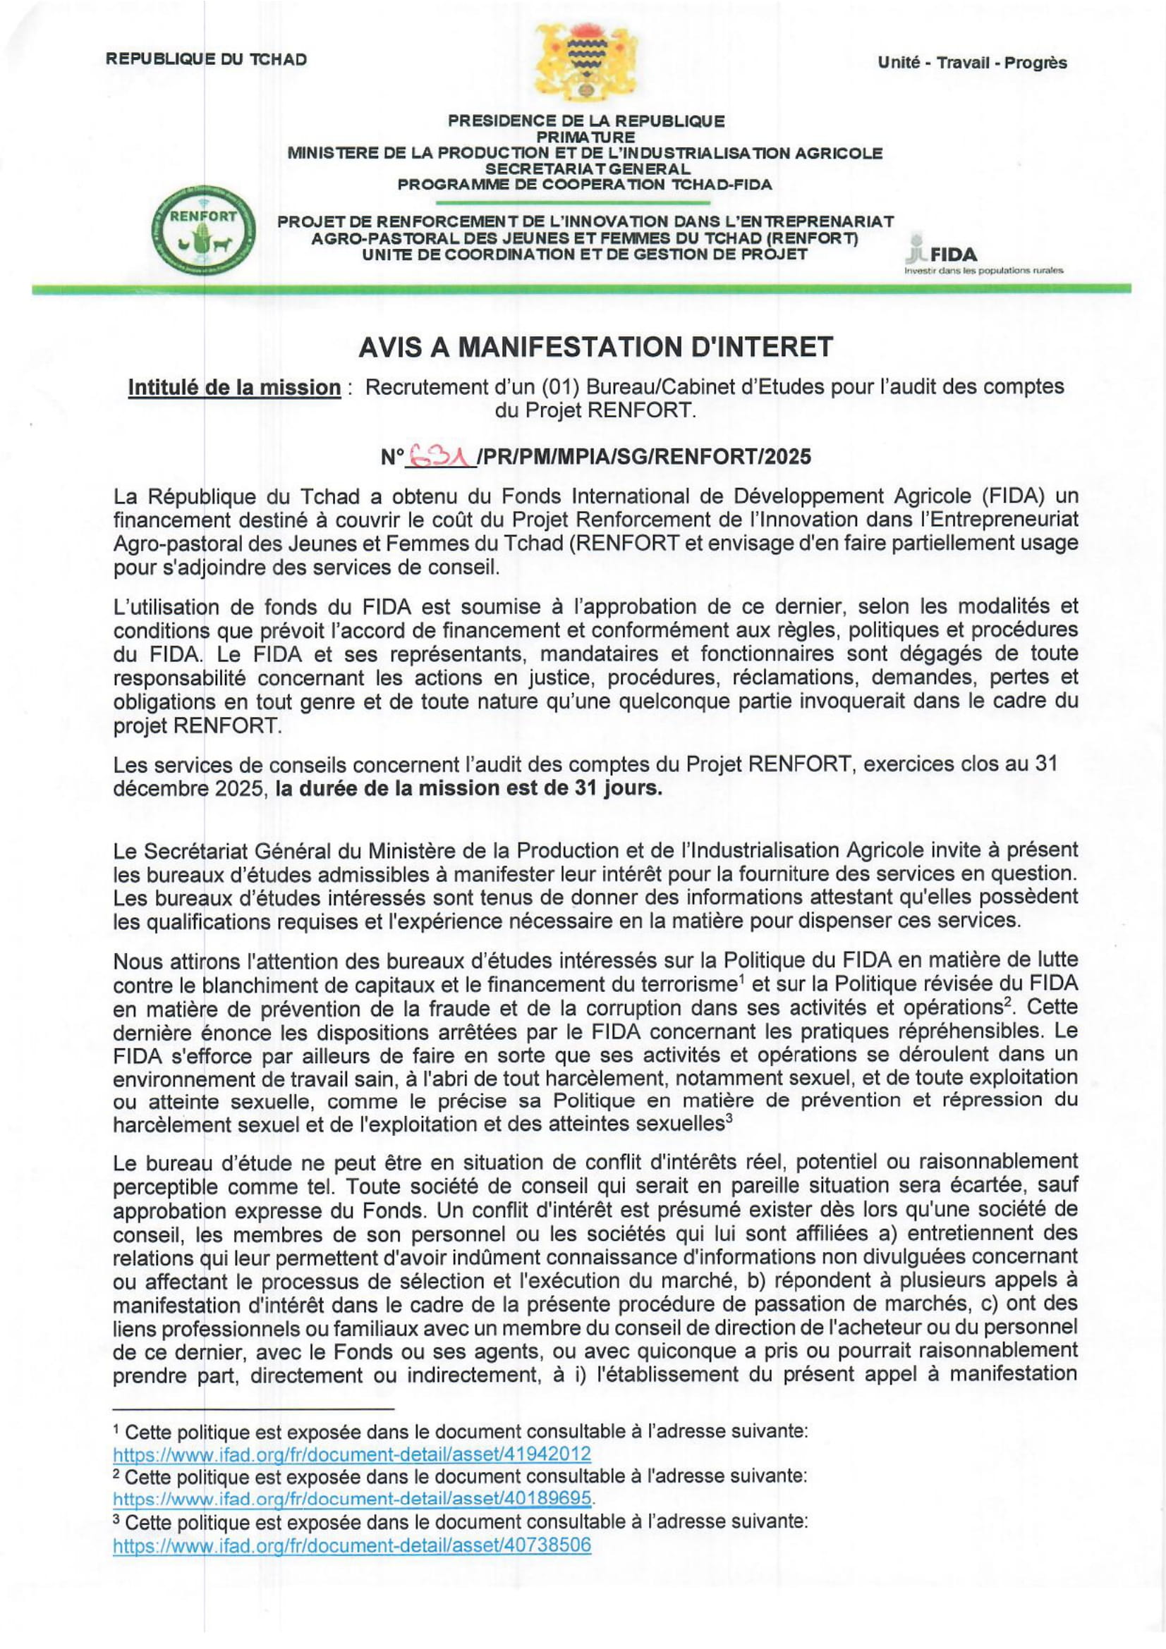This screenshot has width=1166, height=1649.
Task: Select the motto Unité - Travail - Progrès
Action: point(971,63)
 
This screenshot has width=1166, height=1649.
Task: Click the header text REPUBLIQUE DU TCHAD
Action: point(206,60)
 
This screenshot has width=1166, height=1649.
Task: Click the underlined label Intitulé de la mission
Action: point(234,388)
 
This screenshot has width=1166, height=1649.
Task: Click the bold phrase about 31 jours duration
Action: point(468,789)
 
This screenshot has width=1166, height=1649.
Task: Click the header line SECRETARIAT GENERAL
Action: point(586,168)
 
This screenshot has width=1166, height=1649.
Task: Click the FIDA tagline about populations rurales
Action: point(983,271)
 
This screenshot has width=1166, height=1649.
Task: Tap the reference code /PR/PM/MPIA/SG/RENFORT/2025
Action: point(644,457)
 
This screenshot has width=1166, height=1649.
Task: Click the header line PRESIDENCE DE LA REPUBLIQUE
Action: point(586,121)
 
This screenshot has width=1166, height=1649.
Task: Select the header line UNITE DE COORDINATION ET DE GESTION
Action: point(585,255)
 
